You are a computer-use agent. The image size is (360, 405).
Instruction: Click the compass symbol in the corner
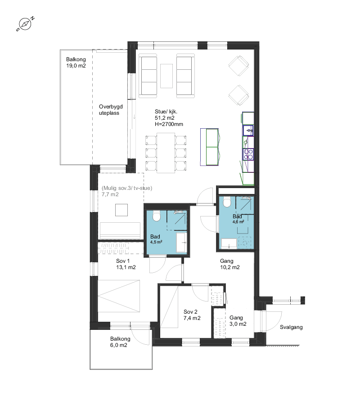pos(25,24)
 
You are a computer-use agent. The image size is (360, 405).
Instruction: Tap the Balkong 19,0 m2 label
pos(76,63)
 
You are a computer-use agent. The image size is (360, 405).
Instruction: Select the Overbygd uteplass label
pos(111,110)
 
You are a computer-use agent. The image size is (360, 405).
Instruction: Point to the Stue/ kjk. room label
pos(166,112)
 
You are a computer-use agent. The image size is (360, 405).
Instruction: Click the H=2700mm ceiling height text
pos(169,124)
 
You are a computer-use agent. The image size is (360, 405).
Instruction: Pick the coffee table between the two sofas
pos(166,76)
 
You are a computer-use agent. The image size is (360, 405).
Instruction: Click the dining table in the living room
pos(166,153)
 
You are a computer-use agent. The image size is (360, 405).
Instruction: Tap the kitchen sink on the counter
pos(248,130)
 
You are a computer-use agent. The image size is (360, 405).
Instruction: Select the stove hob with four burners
pos(248,154)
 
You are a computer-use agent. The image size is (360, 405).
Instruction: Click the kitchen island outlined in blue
pos(209,147)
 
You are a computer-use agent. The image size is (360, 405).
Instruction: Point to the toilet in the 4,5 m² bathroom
pos(156,216)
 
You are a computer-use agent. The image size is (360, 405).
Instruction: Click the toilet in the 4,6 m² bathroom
pos(227,202)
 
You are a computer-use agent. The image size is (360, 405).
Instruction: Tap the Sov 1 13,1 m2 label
pos(126,264)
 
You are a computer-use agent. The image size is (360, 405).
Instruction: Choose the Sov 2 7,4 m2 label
pos(192,315)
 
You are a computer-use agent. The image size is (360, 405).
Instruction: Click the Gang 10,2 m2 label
pos(230,264)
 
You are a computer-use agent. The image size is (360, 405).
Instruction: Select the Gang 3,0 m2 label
pos(238,321)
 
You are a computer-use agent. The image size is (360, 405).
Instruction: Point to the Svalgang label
pos(291,327)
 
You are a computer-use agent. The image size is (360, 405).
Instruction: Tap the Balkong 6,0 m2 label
pos(120,342)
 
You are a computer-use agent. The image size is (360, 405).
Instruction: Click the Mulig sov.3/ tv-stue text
pos(127,188)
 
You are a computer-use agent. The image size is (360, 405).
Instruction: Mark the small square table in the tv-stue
pos(121,210)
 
